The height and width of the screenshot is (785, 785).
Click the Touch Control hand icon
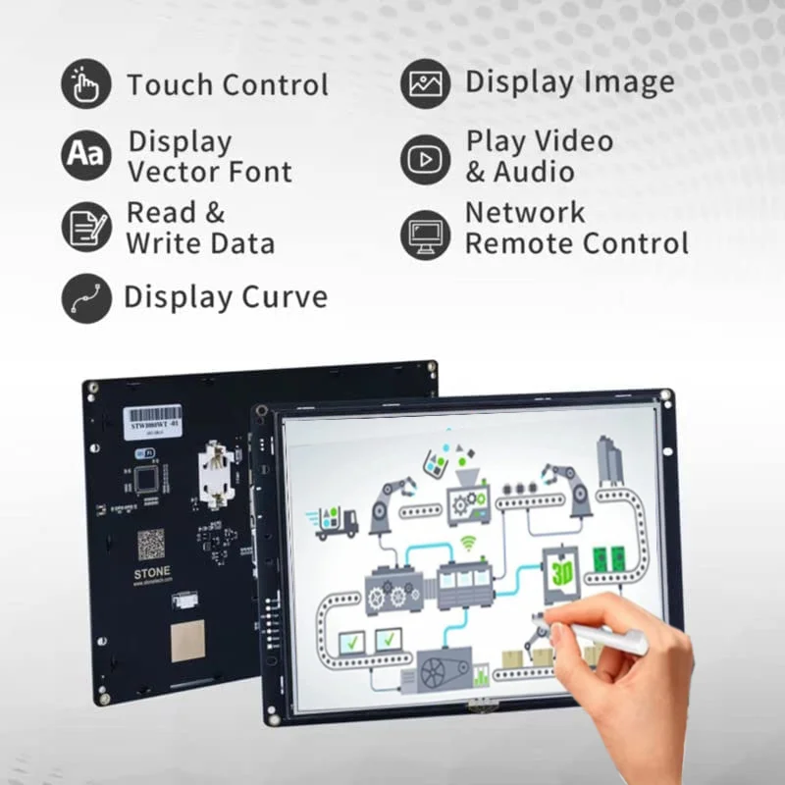tap(86, 84)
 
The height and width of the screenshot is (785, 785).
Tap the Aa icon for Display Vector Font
tap(86, 155)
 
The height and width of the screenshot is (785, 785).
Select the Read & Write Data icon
tap(86, 227)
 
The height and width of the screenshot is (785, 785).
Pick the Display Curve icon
tap(86, 298)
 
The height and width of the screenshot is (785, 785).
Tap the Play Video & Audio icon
tap(425, 158)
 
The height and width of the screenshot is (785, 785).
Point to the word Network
tap(524, 212)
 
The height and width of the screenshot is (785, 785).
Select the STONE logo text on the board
tap(151, 571)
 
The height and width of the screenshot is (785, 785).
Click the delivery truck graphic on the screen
tap(335, 520)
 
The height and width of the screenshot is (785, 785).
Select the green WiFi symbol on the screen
tap(470, 542)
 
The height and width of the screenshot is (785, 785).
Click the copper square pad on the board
tap(187, 641)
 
